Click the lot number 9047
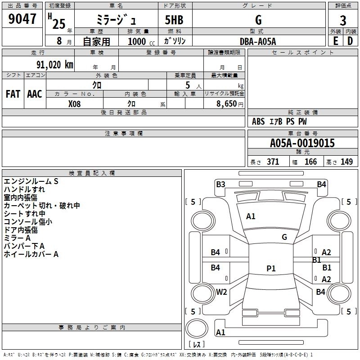tap(22, 19)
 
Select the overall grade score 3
tap(343, 21)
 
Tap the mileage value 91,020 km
tap(55, 65)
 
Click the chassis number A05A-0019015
tap(302, 143)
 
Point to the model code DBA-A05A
tap(258, 41)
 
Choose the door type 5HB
tap(174, 20)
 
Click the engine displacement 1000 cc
tap(141, 41)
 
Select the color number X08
tap(74, 104)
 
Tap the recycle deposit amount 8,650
tap(226, 104)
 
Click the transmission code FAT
tap(13, 94)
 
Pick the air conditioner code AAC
tap(35, 94)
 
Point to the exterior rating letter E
tap(335, 41)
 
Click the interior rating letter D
tap(350, 41)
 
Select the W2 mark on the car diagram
tap(221, 292)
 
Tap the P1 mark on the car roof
tap(271, 268)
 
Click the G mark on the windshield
tap(284, 237)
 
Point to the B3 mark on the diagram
tap(220, 184)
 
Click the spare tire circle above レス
tap(197, 328)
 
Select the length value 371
tap(273, 162)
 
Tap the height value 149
tap(346, 162)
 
